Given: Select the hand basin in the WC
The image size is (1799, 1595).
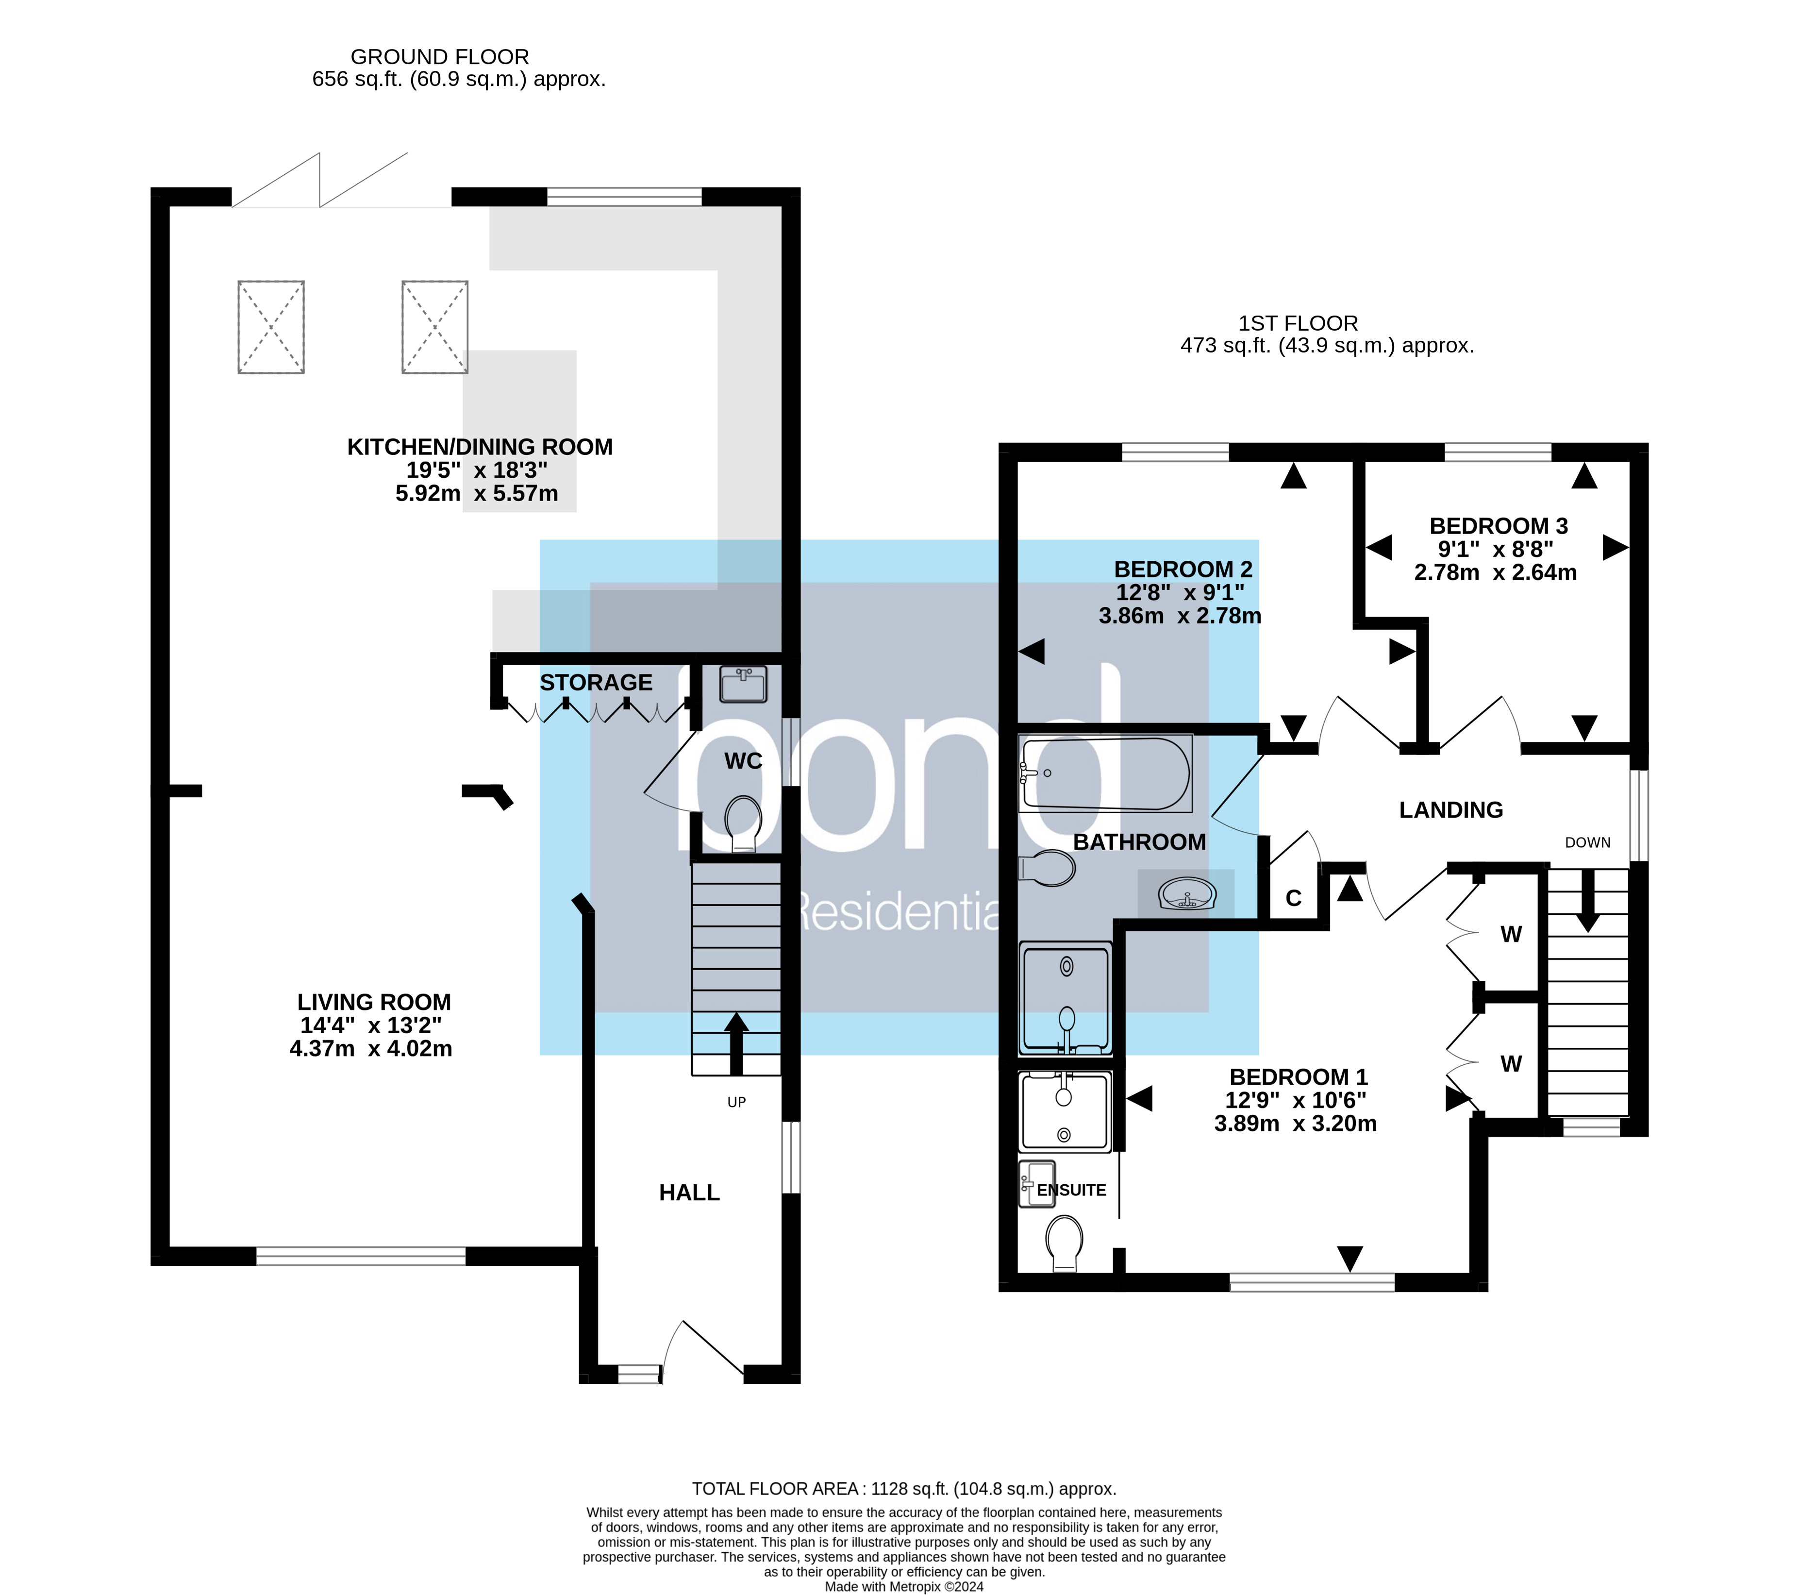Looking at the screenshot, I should (744, 684).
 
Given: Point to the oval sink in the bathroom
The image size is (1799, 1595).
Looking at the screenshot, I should (1187, 895).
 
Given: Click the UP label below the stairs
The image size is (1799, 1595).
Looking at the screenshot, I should (737, 1102).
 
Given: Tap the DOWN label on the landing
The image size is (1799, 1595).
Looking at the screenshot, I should (1588, 842).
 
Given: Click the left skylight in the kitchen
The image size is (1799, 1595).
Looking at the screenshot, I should (271, 327).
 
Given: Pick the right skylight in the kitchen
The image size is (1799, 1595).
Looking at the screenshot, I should (435, 327).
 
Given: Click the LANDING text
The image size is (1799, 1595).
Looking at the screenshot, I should (1450, 810).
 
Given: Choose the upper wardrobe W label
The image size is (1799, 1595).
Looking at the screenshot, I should (1511, 935).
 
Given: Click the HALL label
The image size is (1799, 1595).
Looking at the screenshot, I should (689, 1192).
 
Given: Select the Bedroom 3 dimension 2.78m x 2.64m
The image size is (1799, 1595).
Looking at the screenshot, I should (1495, 573).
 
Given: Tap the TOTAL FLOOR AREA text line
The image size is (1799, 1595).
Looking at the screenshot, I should (904, 1489).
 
